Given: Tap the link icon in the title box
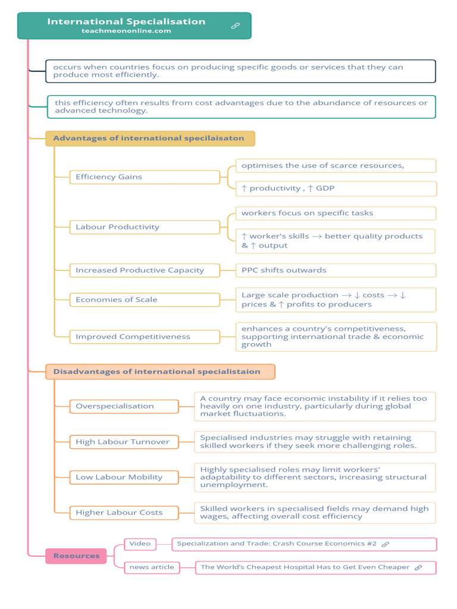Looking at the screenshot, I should tap(235, 26).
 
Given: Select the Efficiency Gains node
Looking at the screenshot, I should tap(145, 177).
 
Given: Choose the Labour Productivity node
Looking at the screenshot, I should tap(145, 227).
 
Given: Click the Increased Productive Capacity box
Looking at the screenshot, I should tap(145, 270).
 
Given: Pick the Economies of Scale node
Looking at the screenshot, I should tap(145, 299).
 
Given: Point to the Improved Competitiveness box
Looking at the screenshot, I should tap(145, 337).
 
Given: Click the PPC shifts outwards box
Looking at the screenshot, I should tap(336, 270).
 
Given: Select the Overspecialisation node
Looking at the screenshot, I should tap(124, 406).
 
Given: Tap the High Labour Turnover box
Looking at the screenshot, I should tap(124, 441).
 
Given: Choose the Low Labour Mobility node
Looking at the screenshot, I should tap(124, 477).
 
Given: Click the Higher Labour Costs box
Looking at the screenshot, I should tap(124, 512).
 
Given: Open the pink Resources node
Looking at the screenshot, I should tap(76, 556).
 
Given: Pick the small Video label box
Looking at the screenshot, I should tap(140, 544).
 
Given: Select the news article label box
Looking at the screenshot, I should tap(152, 567).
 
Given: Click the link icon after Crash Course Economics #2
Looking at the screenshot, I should tap(386, 544).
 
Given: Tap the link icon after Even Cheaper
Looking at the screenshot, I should tap(418, 567).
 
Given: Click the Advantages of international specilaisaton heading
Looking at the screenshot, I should tap(150, 139).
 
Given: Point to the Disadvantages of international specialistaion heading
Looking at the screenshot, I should tap(160, 372).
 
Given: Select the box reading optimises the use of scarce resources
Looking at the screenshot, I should tap(336, 165).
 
